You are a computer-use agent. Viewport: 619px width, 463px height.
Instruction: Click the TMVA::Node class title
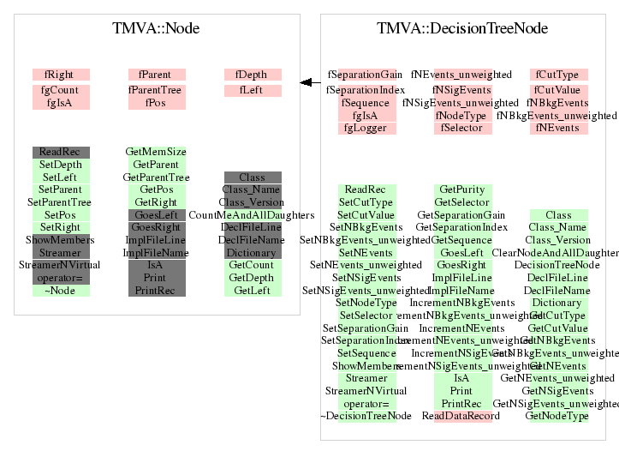tap(156, 28)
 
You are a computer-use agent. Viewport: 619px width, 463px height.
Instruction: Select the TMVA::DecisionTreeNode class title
tap(462, 28)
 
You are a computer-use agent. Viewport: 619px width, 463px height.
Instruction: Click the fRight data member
tap(61, 75)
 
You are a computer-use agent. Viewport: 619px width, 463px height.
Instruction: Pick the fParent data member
tap(156, 75)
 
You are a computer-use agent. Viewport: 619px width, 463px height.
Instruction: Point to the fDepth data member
tap(252, 75)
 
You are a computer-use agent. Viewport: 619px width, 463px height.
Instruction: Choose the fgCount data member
tap(61, 90)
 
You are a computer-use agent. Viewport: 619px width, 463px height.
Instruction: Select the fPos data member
tap(156, 103)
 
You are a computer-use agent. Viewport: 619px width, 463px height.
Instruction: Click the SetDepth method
tap(61, 165)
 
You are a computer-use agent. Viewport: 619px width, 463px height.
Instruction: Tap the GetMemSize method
tap(156, 152)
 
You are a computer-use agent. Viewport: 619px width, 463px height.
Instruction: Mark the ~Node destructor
tap(61, 291)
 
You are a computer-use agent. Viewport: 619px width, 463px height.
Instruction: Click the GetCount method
tap(252, 266)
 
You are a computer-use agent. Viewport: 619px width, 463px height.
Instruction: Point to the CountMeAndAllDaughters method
tap(252, 214)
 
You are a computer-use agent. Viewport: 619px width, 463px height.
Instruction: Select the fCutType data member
tap(557, 75)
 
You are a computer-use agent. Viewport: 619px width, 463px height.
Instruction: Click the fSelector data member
tap(462, 129)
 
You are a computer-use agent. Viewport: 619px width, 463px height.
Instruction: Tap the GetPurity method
tap(462, 189)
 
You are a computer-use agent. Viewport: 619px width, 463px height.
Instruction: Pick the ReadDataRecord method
tap(462, 416)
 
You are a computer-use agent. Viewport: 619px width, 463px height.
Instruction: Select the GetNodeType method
tap(557, 416)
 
